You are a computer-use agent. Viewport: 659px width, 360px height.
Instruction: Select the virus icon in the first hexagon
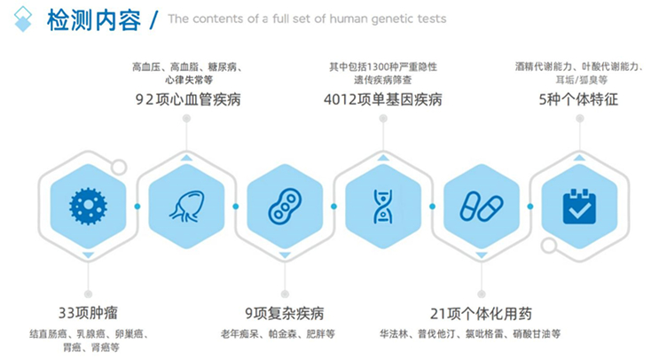pyautogui.click(x=87, y=206)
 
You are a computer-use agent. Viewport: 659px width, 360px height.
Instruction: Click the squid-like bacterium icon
pyautogui.click(x=185, y=206)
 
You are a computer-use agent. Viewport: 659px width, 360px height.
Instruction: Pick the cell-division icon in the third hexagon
pyautogui.click(x=285, y=206)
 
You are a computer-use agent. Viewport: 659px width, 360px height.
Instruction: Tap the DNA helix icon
pyautogui.click(x=382, y=206)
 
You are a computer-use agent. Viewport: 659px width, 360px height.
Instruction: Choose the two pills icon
pyautogui.click(x=481, y=206)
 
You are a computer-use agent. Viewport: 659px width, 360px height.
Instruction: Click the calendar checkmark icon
pyautogui.click(x=579, y=206)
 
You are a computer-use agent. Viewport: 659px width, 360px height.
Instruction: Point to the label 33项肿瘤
pyautogui.click(x=88, y=313)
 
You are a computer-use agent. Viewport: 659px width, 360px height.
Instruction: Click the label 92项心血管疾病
pyautogui.click(x=187, y=100)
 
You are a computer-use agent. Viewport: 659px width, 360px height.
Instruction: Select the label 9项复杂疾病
pyautogui.click(x=284, y=313)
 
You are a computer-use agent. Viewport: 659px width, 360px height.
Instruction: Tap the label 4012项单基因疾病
pyautogui.click(x=382, y=100)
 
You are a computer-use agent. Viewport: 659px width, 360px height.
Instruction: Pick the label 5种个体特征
pyautogui.click(x=579, y=100)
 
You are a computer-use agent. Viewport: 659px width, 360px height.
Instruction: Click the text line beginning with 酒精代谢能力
pyautogui.click(x=578, y=67)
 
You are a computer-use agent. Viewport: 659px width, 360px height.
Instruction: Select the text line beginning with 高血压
pyautogui.click(x=187, y=67)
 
